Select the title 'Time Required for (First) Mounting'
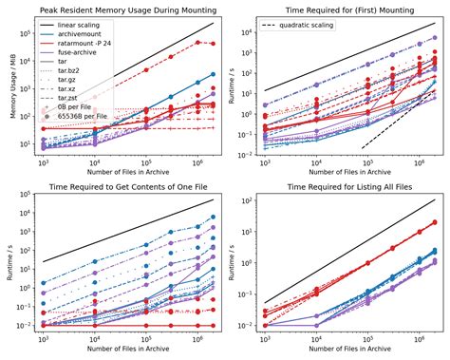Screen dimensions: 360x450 tap(344, 9)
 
